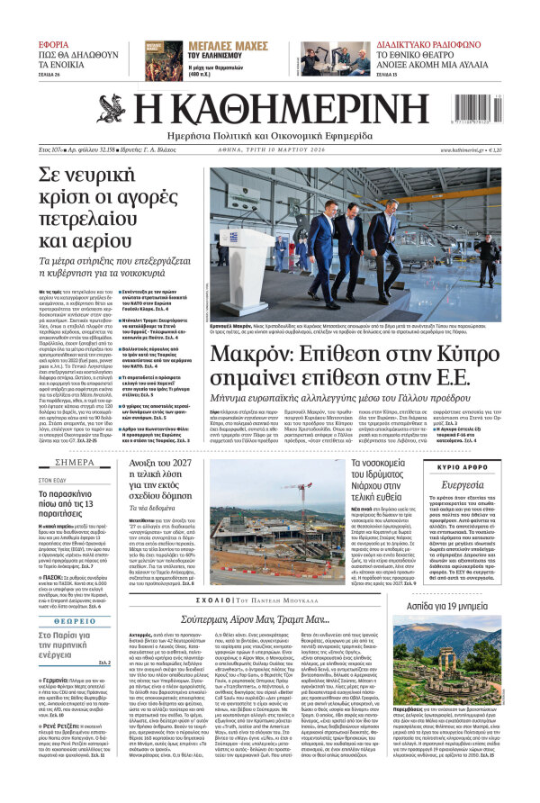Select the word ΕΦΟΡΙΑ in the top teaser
[53, 43]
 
